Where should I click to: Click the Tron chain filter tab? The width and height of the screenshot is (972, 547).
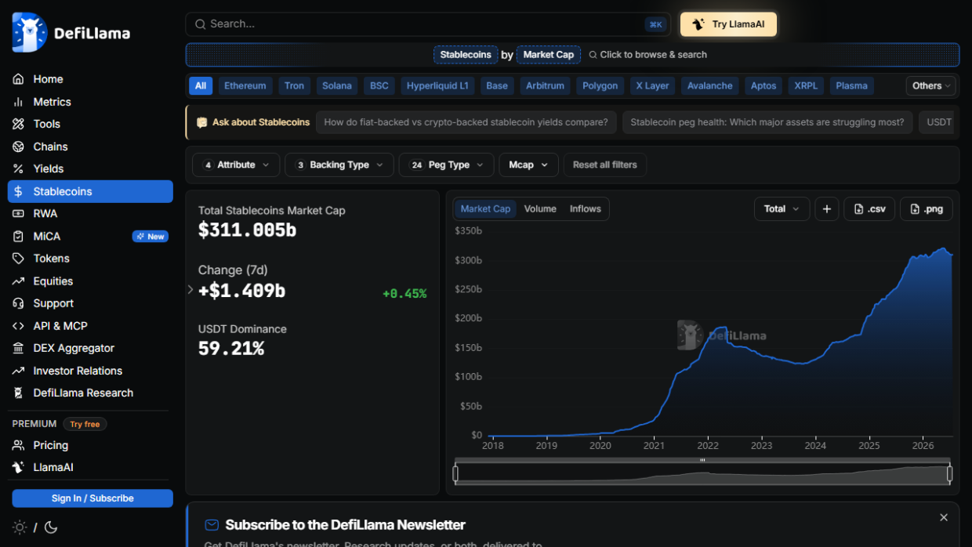click(x=294, y=86)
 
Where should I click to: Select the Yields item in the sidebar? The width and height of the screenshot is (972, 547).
click(x=48, y=168)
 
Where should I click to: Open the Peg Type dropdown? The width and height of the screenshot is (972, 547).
click(x=446, y=165)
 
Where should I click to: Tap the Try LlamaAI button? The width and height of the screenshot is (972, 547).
click(x=728, y=24)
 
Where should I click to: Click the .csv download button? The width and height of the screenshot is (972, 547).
click(x=869, y=209)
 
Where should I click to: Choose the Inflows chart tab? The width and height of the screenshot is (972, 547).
click(x=585, y=209)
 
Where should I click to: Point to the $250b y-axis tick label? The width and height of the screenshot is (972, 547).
click(x=468, y=289)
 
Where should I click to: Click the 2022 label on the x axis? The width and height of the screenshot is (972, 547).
click(x=708, y=445)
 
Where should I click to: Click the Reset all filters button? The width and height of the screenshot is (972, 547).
click(x=604, y=165)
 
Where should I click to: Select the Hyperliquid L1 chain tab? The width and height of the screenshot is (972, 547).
click(x=437, y=86)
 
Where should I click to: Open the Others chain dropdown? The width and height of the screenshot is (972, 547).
click(x=930, y=86)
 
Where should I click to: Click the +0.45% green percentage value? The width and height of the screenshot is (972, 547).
click(x=404, y=294)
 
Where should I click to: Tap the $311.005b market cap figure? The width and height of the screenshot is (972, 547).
click(x=247, y=230)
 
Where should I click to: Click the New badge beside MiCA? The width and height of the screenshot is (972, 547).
click(x=151, y=237)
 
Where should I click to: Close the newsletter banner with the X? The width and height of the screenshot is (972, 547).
click(x=943, y=517)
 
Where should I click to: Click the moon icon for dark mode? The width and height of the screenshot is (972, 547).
click(x=51, y=527)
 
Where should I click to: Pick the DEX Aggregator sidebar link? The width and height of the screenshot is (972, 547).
click(x=74, y=348)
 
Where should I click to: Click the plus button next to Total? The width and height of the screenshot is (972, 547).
click(x=827, y=209)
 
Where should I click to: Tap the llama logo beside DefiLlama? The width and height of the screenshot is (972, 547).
click(x=30, y=33)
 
